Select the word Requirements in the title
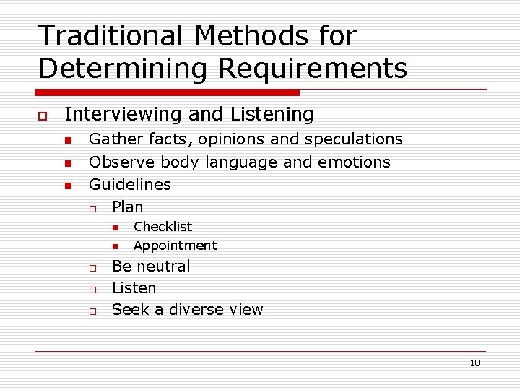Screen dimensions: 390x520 [313, 69]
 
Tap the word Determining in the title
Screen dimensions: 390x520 [123, 69]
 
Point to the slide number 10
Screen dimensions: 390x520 [474, 363]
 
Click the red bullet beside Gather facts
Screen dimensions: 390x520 [67, 140]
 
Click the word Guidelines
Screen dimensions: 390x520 [130, 184]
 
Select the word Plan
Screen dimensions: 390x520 [128, 207]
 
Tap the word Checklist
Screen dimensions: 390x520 [163, 227]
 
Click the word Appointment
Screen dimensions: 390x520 [175, 246]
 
